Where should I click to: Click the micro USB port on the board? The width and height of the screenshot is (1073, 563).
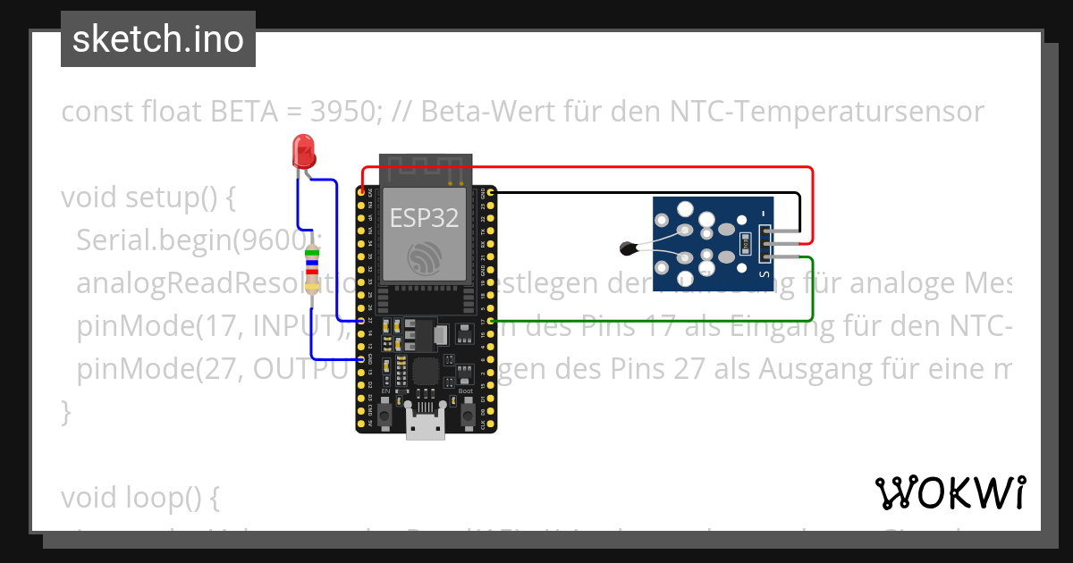[x=426, y=421]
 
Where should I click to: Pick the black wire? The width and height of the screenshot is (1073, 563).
[x=644, y=192]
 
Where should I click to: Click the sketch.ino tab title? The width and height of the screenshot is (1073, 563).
[x=158, y=40]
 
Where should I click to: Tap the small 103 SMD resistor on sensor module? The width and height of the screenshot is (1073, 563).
[x=745, y=241]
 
